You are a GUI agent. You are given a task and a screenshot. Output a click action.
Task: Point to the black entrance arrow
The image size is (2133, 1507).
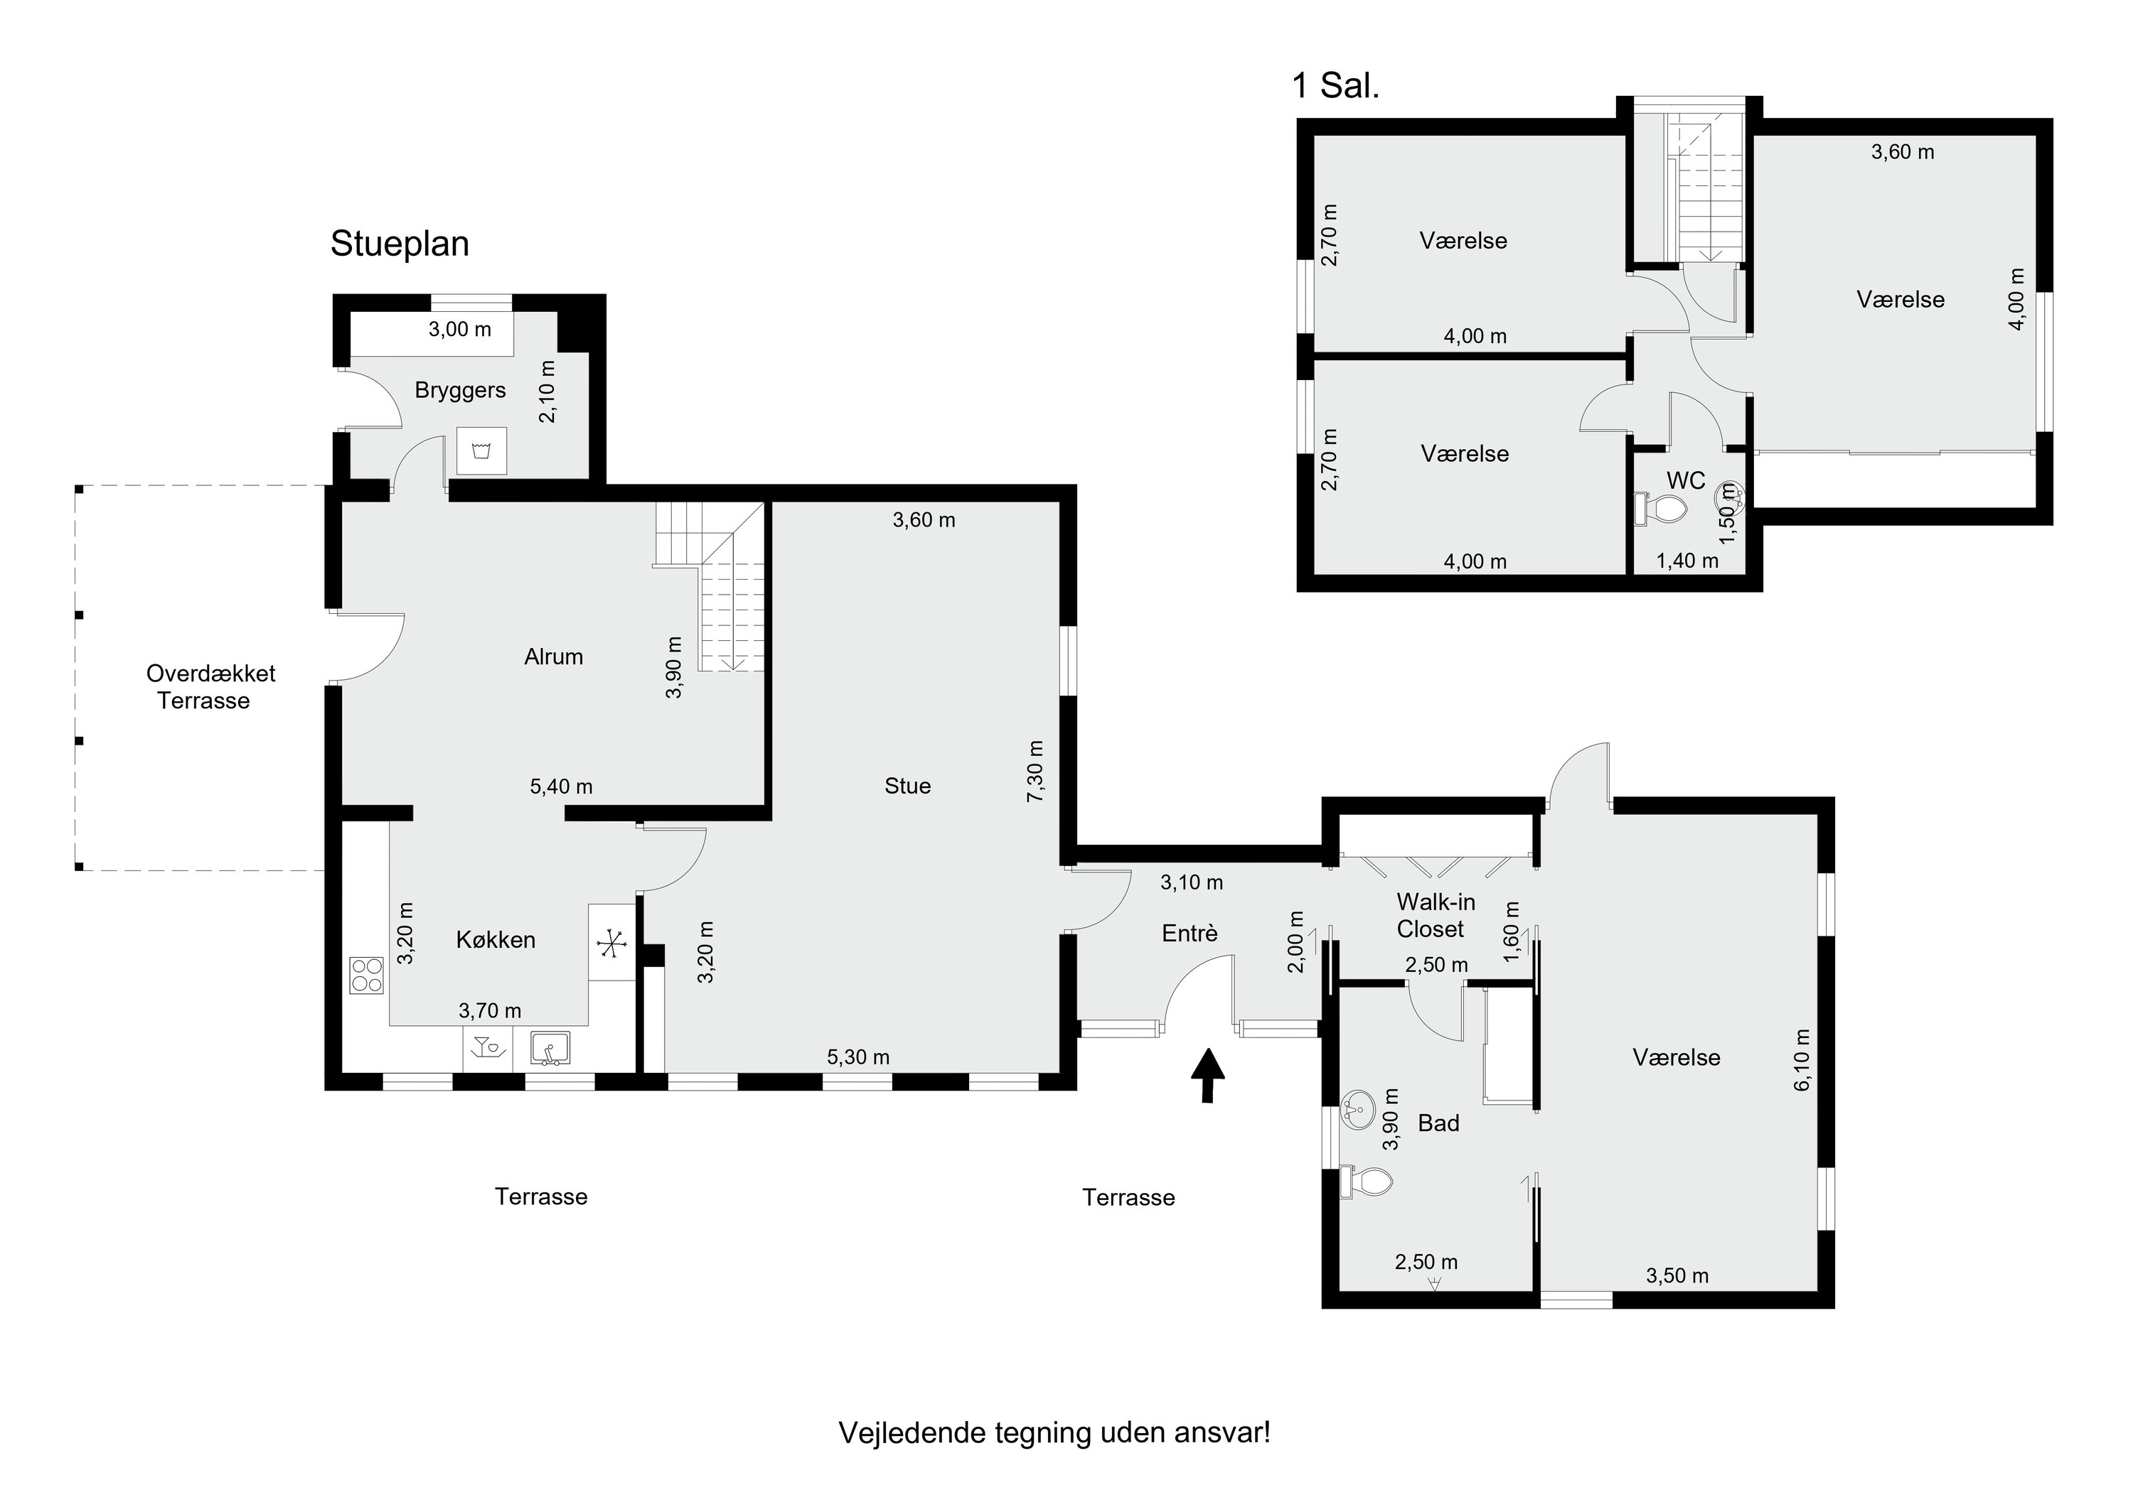1208,1075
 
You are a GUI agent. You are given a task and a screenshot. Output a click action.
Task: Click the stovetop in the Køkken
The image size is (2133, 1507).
367,975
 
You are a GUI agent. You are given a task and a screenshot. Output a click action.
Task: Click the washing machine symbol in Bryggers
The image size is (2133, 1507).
481,451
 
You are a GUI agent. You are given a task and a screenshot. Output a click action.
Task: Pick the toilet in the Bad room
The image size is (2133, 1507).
1367,1182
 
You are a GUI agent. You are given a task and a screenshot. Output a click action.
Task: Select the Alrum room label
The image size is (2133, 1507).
554,657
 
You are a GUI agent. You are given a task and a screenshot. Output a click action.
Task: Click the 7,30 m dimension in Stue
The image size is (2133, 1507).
1035,772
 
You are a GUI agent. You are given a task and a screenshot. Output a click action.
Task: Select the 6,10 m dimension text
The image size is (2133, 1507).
1802,1059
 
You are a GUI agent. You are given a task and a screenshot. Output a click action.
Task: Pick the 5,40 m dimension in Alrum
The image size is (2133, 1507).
561,787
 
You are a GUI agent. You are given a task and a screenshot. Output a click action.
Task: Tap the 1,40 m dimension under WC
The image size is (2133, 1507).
1687,561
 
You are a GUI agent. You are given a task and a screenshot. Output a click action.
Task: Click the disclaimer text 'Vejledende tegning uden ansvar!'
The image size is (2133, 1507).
1054,1432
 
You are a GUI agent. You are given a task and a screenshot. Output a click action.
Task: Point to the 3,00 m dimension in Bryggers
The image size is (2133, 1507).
460,330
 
